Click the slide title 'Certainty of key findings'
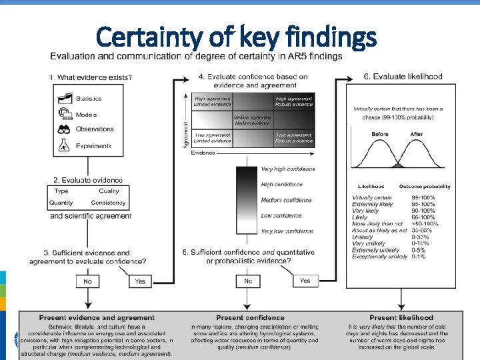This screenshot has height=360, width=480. point(236,38)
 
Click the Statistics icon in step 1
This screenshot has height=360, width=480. point(65,98)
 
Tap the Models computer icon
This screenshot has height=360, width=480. point(65,114)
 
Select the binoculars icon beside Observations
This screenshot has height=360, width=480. point(65,129)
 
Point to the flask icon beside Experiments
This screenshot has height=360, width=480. point(65,145)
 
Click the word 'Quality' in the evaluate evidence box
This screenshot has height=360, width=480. point(109,191)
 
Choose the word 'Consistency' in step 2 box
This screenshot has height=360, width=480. point(108,203)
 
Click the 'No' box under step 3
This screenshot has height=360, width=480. point(88,281)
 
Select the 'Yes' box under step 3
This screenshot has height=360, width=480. point(140,281)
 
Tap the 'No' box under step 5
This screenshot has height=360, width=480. point(248,281)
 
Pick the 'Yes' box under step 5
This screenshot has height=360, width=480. point(305,281)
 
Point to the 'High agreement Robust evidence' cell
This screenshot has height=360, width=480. point(293,101)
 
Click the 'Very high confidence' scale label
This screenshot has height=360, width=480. point(288,169)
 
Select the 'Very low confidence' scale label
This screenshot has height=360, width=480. point(287,231)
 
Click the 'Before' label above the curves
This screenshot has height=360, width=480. point(380,134)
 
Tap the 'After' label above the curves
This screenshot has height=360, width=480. point(417,134)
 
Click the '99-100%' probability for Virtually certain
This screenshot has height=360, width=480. point(423,198)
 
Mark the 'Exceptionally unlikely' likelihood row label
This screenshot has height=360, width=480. point(379,256)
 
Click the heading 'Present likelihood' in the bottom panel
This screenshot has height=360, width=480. point(401,318)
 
